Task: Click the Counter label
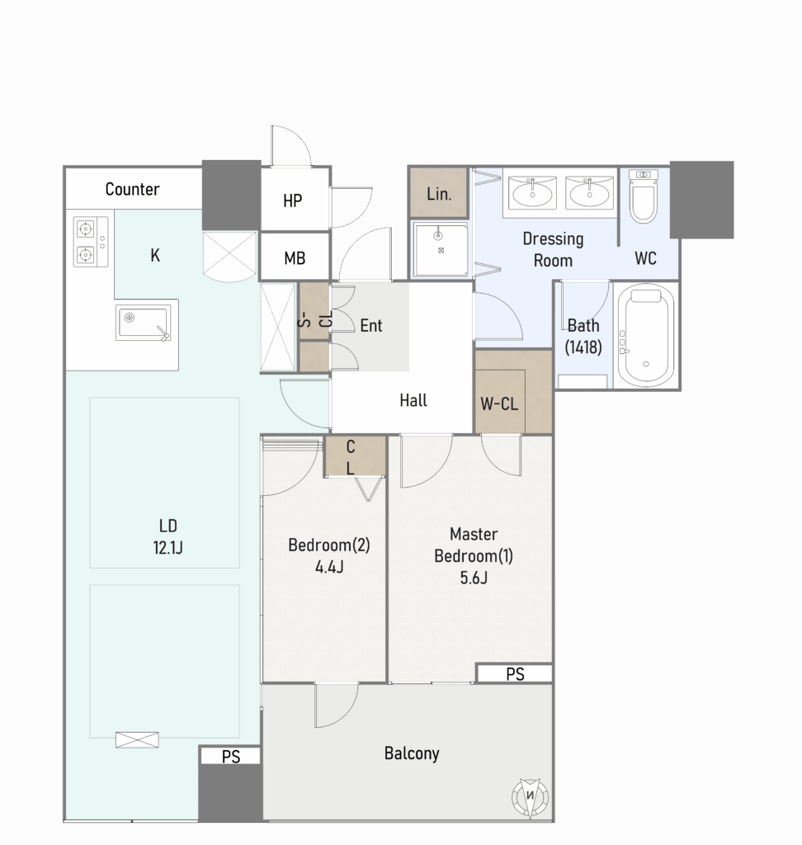(x=132, y=189)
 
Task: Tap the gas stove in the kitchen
(x=91, y=242)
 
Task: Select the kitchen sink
(x=144, y=323)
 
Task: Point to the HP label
(x=293, y=201)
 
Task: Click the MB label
(x=295, y=258)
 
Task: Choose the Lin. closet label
(x=439, y=194)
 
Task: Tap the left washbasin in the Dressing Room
(x=532, y=192)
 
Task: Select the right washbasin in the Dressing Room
(x=590, y=192)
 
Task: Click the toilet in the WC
(x=644, y=196)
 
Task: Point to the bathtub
(x=646, y=335)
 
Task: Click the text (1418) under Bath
(x=583, y=347)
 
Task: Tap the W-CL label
(x=499, y=404)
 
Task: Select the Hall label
(x=413, y=400)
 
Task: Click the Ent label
(x=370, y=325)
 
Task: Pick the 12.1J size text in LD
(x=167, y=548)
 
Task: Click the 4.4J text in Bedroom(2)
(x=329, y=567)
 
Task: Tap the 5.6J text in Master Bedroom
(x=474, y=578)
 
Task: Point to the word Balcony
(x=412, y=753)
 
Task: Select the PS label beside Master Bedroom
(x=515, y=674)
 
